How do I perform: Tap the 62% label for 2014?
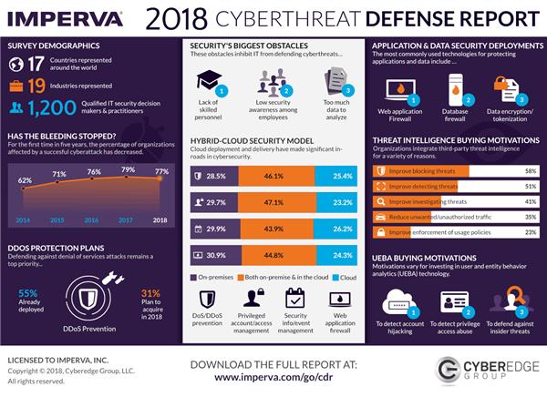(25, 180)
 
